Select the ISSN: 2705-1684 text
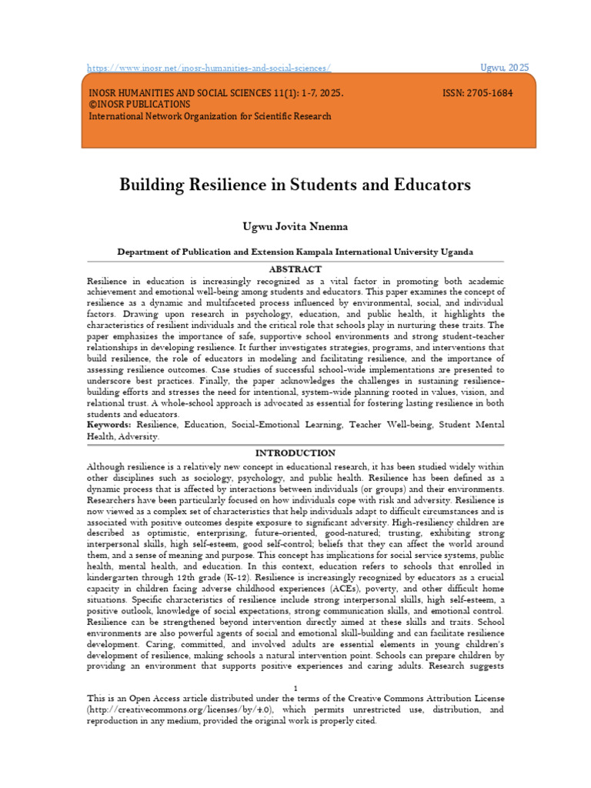477,92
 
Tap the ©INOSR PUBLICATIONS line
139,104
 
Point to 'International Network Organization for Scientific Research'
210,116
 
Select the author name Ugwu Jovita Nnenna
295,226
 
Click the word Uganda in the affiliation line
454,252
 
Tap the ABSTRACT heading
295,269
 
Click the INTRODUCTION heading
295,453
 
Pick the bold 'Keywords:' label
109,425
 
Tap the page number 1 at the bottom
295,687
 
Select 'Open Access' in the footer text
165,699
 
